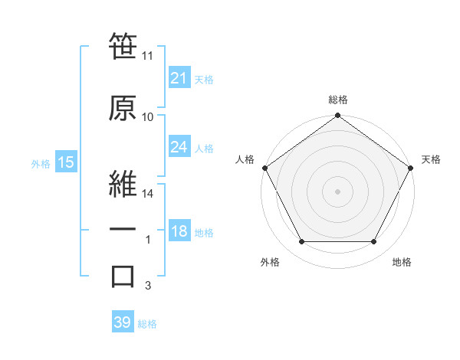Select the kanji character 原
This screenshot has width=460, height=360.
click(x=123, y=108)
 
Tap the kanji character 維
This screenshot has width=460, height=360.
click(x=123, y=183)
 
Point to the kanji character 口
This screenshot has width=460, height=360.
click(x=123, y=277)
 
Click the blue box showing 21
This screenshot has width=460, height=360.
click(x=179, y=77)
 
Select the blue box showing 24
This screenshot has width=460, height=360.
click(x=179, y=147)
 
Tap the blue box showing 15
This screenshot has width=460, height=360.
click(x=65, y=162)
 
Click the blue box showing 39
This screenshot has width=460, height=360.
click(x=123, y=322)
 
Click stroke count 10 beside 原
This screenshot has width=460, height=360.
click(x=148, y=117)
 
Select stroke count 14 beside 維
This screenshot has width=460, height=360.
click(x=148, y=195)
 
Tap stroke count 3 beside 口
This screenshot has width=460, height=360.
click(x=148, y=286)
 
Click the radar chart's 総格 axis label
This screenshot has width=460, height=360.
click(x=338, y=100)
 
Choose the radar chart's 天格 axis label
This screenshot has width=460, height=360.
click(x=431, y=159)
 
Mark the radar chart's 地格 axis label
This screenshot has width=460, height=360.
click(x=402, y=262)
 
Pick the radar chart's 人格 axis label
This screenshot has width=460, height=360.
click(x=245, y=159)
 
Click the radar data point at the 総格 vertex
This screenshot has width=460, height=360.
click(x=338, y=116)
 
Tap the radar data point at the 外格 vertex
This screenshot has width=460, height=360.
click(x=301, y=242)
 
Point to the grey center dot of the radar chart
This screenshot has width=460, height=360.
click(x=338, y=191)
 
